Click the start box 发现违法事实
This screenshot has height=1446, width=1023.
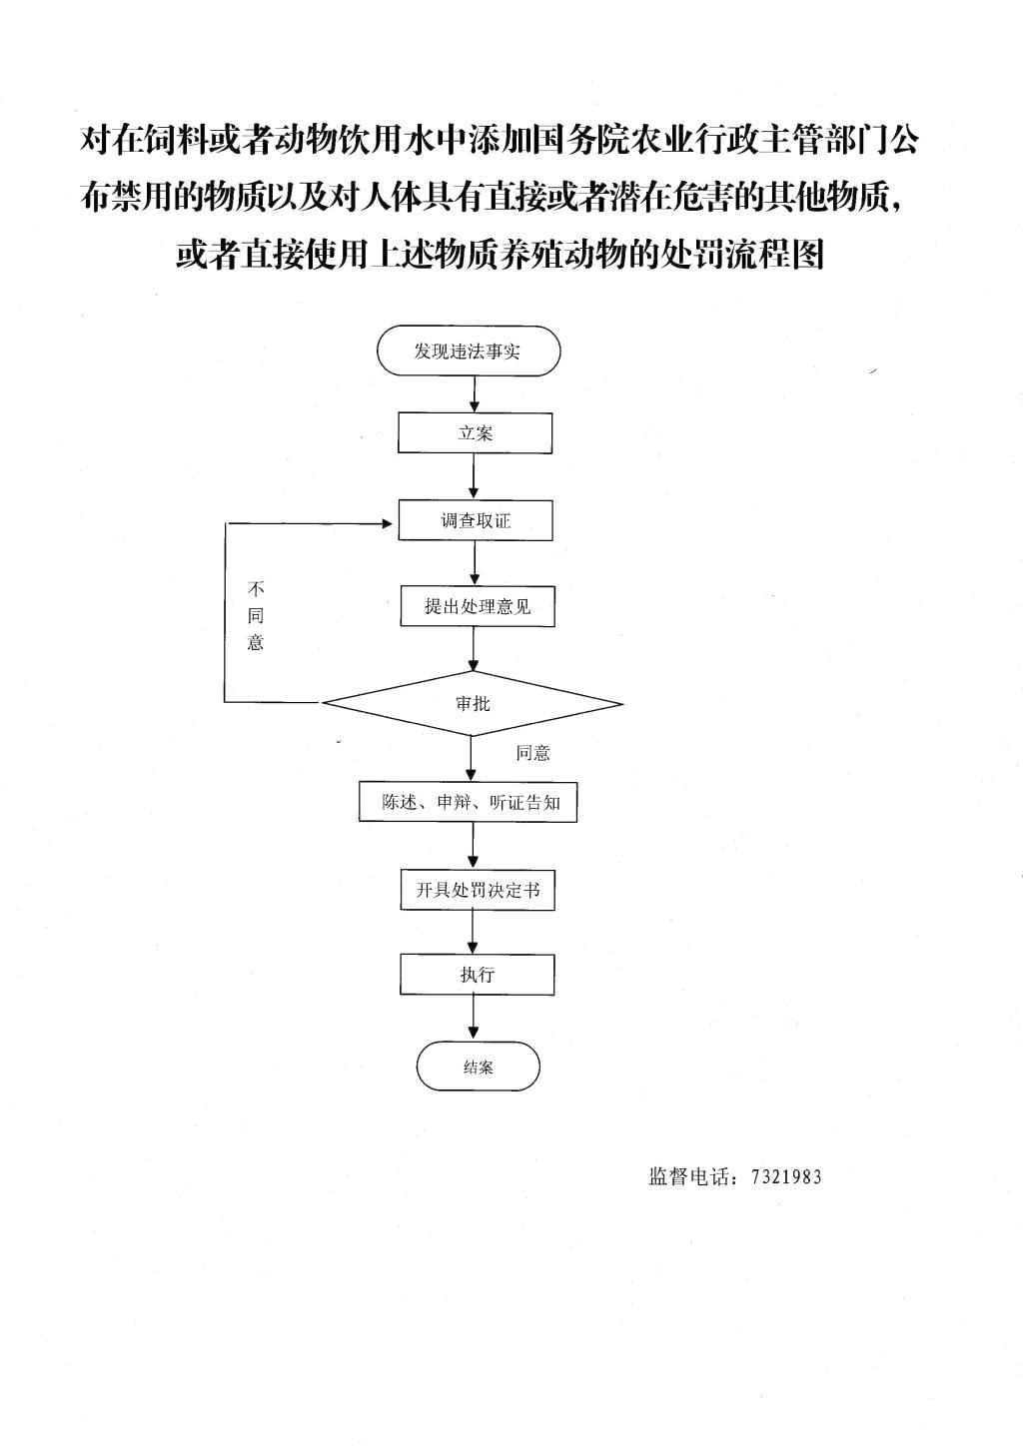[469, 351]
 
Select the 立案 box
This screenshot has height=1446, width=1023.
[475, 432]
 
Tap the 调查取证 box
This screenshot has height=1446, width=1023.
[476, 520]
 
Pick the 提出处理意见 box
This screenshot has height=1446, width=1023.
[478, 606]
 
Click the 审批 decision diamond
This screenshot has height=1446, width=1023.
[473, 703]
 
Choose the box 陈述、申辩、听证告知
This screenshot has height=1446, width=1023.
[469, 802]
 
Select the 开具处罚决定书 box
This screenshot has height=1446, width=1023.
[478, 890]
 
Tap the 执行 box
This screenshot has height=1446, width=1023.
[478, 974]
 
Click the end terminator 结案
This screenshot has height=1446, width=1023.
[478, 1067]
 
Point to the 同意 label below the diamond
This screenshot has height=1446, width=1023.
[532, 753]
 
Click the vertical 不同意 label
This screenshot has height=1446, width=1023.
[256, 615]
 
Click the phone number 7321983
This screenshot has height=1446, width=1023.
[786, 1176]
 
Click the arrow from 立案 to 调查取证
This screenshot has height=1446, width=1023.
[475, 476]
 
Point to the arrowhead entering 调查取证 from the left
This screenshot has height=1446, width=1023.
[388, 523]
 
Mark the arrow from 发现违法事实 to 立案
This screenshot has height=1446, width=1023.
[475, 394]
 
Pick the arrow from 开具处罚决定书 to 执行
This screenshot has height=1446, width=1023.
[474, 932]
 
